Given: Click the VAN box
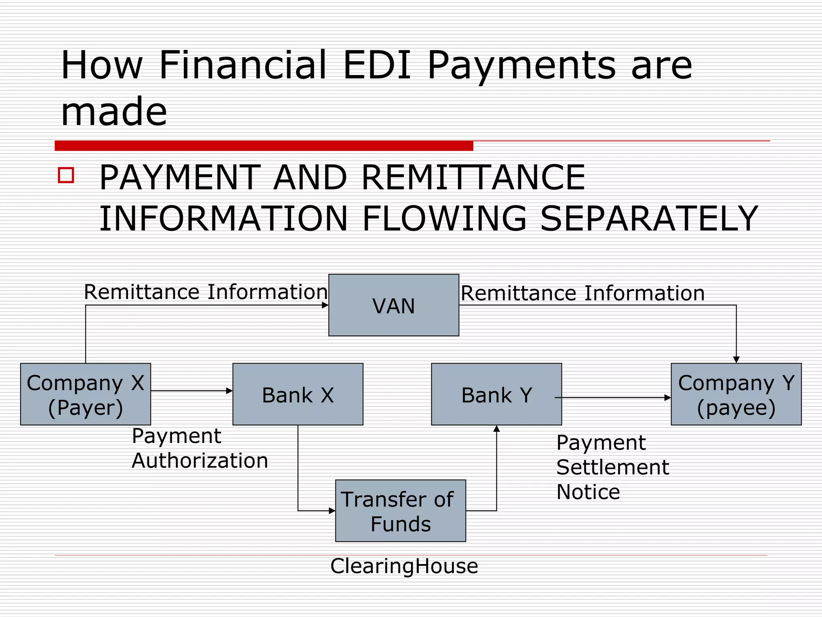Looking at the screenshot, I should pyautogui.click(x=393, y=305).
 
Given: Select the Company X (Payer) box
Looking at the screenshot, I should pyautogui.click(x=85, y=394).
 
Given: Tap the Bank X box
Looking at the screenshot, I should pyautogui.click(x=298, y=394).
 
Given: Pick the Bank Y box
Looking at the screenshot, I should pyautogui.click(x=496, y=394).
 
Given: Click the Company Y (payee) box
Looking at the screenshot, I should pyautogui.click(x=736, y=394).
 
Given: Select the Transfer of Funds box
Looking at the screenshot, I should pyautogui.click(x=401, y=511).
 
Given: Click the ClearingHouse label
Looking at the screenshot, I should pyautogui.click(x=404, y=566).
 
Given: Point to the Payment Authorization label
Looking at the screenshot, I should pyautogui.click(x=199, y=448).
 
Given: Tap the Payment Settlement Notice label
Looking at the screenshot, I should pyautogui.click(x=612, y=467).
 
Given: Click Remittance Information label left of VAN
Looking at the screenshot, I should pyautogui.click(x=205, y=292).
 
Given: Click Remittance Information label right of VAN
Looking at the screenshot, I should pyautogui.click(x=582, y=293).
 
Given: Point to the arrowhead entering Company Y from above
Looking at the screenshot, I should pyautogui.click(x=736, y=360).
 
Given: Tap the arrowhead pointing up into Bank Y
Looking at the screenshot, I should pyautogui.click(x=496, y=429).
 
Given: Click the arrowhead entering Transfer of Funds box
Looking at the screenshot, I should pyautogui.click(x=332, y=511).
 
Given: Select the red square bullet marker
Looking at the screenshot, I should pyautogui.click(x=66, y=175).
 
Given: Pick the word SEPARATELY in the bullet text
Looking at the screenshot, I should pyautogui.click(x=649, y=219).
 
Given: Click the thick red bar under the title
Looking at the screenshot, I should pyautogui.click(x=264, y=145).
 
